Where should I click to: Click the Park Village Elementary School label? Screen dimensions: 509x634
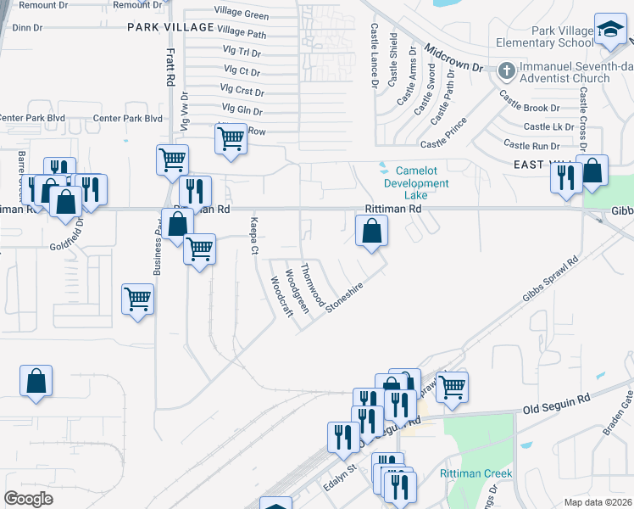(x=563, y=36)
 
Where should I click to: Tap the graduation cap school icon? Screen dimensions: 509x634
(x=609, y=32)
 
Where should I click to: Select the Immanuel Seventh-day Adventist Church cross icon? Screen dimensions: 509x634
(x=506, y=70)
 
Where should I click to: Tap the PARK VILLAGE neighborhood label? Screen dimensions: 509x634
(x=167, y=27)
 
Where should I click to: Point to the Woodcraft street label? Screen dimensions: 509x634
(x=281, y=295)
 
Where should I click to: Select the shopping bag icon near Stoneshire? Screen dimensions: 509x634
(x=371, y=232)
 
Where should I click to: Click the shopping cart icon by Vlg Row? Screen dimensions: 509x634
(x=231, y=141)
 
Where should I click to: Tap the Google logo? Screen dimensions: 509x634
(x=28, y=498)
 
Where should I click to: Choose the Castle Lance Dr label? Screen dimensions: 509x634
(x=374, y=55)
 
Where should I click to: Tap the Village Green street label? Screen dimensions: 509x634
(x=242, y=15)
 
